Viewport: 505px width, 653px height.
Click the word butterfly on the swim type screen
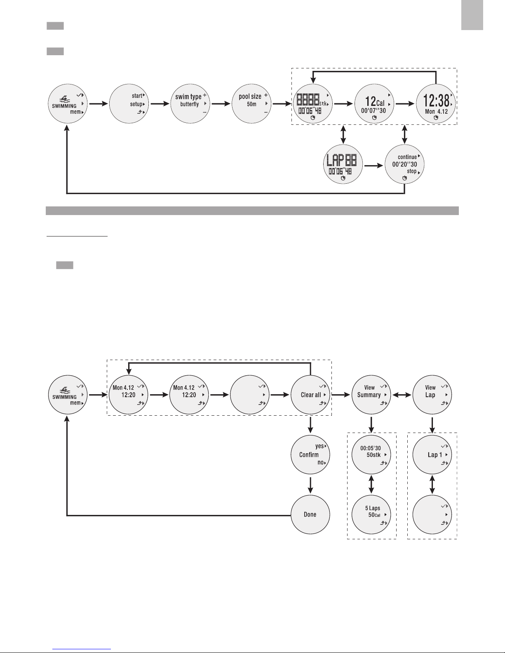tap(189, 104)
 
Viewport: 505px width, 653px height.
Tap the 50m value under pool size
tap(251, 104)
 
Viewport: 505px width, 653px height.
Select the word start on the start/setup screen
tap(137, 96)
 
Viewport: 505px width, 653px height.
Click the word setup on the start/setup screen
tap(136, 104)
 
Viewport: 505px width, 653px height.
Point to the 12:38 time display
tap(436, 101)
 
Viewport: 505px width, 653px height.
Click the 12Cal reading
tap(375, 101)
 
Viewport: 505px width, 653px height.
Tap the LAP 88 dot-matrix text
tap(342, 160)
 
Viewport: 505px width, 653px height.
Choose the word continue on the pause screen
tap(407, 157)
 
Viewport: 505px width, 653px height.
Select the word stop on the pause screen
tap(411, 171)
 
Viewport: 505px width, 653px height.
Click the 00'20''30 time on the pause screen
tap(404, 164)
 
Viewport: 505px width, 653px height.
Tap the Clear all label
tap(311, 395)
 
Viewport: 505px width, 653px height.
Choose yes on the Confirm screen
tap(319, 446)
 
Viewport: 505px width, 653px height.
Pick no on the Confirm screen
tap(320, 462)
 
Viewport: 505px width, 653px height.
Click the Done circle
tap(310, 515)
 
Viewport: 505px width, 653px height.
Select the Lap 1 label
tap(435, 455)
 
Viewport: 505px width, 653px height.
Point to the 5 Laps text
tap(373, 508)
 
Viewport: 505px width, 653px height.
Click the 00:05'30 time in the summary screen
tap(371, 448)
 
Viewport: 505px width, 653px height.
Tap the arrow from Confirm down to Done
tap(310, 485)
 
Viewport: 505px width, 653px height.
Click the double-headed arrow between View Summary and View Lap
tap(402, 395)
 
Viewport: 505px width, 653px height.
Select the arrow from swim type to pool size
tap(221, 104)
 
